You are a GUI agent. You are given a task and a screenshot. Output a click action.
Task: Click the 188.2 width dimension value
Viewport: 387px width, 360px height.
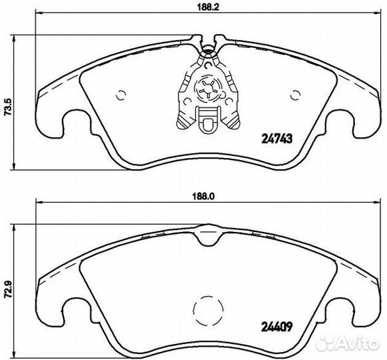[x=208, y=7]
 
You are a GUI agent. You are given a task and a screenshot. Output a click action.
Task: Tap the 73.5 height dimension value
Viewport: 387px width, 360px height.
[x=8, y=107]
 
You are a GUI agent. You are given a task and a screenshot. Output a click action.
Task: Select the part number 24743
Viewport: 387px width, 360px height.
[x=276, y=139]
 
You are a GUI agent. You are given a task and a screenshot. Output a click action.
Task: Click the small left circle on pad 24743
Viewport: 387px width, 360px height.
[x=121, y=95]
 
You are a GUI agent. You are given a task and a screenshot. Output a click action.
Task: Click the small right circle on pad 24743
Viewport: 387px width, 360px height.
[x=296, y=95]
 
